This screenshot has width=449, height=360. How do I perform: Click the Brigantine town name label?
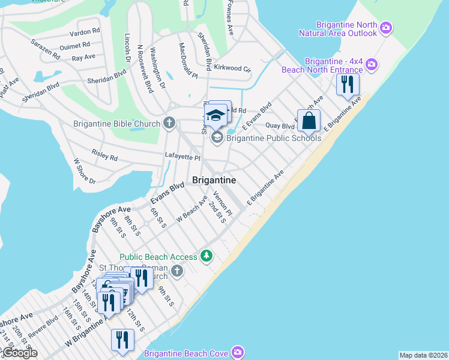[x=214, y=180]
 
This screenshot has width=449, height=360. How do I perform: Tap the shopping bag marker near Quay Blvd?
[x=309, y=121]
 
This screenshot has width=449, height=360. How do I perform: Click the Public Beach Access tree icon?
[x=206, y=257]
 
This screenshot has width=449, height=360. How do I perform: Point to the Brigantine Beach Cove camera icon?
[x=238, y=352]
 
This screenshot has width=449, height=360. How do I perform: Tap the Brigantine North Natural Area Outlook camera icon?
[x=386, y=28]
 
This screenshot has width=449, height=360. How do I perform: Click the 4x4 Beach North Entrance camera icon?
[x=372, y=64]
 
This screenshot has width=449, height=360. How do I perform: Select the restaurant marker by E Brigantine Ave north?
[x=346, y=85]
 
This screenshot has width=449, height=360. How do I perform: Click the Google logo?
[x=19, y=353]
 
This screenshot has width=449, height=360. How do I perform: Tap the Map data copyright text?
[x=423, y=355]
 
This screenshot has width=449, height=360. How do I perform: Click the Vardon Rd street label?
[x=83, y=32]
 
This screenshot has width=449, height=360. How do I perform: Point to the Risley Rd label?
[x=104, y=155]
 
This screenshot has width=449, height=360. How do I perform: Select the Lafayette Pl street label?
[x=182, y=157]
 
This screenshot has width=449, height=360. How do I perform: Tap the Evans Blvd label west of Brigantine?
[x=167, y=194]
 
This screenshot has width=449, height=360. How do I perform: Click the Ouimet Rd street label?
[x=74, y=46]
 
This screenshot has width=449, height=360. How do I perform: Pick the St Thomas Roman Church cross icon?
[x=176, y=272]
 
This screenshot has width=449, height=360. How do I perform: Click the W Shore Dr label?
[x=84, y=170]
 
